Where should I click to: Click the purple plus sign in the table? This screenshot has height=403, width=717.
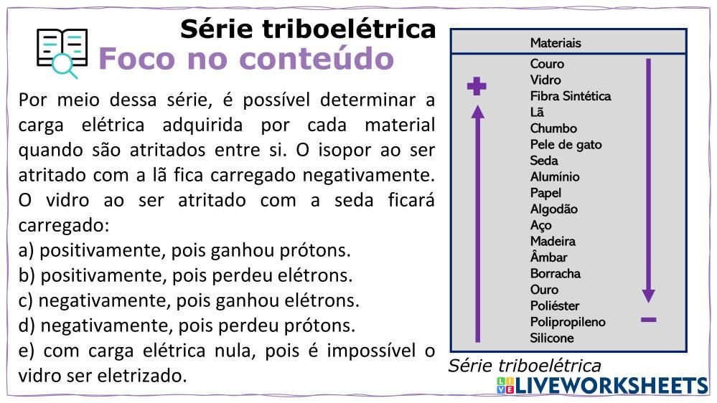(x=477, y=86)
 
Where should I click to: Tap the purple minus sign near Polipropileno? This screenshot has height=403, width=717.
(x=648, y=320)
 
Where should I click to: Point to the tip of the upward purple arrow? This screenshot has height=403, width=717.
(x=478, y=105)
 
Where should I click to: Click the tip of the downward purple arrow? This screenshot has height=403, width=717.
(x=648, y=303)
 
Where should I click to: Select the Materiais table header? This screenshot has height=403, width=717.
(x=556, y=43)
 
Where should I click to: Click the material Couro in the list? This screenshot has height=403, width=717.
(x=547, y=64)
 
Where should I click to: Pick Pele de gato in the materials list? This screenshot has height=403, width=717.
(x=566, y=144)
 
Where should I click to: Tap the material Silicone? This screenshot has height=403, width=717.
(x=551, y=338)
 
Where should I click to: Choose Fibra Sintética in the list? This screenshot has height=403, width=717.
(x=570, y=96)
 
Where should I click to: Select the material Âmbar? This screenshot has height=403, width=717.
(x=548, y=257)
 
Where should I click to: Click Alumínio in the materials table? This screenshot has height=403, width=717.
(x=555, y=177)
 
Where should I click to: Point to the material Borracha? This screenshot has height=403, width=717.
(x=555, y=274)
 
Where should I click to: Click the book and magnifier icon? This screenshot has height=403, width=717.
(x=62, y=53)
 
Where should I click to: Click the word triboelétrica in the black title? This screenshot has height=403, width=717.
(x=349, y=29)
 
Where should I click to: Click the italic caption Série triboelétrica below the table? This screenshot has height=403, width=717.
(x=524, y=366)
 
